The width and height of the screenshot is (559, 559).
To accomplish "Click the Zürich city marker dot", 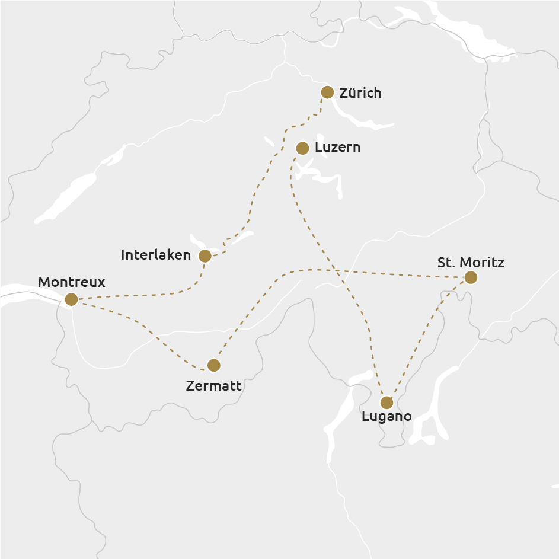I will tap(327, 92).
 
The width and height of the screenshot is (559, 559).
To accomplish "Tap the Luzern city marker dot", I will tap(302, 148).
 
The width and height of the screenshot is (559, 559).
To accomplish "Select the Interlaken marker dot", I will tap(205, 256).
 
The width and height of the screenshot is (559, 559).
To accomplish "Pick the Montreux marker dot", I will tap(71, 299).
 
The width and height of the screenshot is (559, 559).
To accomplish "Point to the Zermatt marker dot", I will tap(213, 365).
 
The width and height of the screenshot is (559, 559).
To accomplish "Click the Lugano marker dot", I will tap(386, 403).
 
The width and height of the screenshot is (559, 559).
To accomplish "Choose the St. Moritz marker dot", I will tap(471, 277).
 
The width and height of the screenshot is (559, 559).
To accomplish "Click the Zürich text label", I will tap(360, 93).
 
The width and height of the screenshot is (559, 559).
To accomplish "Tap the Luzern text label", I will tap(337, 148).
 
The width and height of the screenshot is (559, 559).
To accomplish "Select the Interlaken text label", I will tap(155, 255).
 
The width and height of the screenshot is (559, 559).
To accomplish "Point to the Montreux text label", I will tap(71, 282).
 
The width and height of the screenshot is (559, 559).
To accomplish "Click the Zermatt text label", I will tap(213, 386).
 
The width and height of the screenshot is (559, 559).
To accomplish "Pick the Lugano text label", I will tap(386, 416).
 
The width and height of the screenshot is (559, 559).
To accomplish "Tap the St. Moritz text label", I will tap(471, 262).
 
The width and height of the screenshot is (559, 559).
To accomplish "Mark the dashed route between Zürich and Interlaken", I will tap(260, 184).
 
